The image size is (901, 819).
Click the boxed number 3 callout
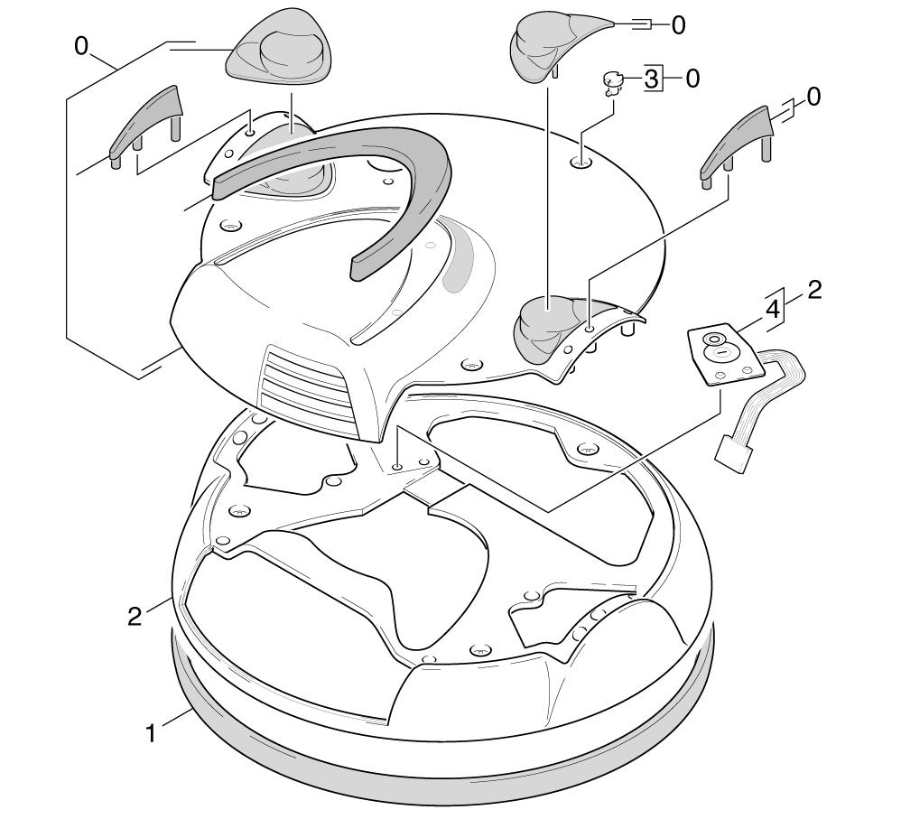point(651,79)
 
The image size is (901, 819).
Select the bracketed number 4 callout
point(774,310)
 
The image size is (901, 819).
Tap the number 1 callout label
point(151,733)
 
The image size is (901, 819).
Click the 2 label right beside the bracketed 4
point(814,290)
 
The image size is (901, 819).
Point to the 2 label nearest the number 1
point(135,617)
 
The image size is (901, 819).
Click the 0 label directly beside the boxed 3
point(692,79)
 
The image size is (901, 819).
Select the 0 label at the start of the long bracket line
point(81,46)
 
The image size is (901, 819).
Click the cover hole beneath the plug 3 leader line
point(581,163)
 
